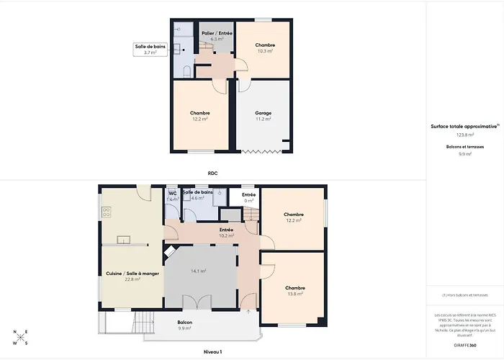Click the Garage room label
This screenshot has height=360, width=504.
click(264, 116)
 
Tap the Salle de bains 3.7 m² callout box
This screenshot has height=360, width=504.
click(150, 50)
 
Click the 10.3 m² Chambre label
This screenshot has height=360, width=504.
click(265, 48)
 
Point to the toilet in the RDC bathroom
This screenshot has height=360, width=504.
click(186, 71)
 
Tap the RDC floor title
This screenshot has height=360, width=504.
click(212, 174)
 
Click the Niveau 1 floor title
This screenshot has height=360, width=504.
click(212, 352)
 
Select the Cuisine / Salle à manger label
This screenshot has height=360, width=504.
click(122, 276)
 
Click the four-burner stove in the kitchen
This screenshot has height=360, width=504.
click(107, 212)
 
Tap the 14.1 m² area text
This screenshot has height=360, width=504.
click(198, 271)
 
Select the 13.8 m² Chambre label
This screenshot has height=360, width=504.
click(294, 290)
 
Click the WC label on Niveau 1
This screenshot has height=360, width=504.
click(172, 195)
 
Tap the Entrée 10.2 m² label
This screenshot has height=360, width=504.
click(226, 233)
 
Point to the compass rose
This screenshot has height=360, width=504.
click(19, 337)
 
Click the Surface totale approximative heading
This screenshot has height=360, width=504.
click(464, 126)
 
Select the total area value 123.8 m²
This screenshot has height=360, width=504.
click(464, 135)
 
